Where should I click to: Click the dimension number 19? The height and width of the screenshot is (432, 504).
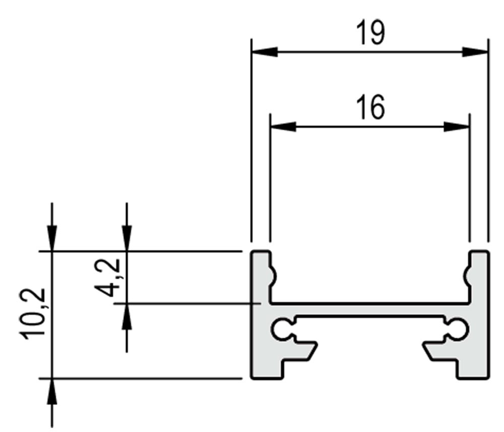pos(370,33)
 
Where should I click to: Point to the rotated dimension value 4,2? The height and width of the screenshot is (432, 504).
pos(108,277)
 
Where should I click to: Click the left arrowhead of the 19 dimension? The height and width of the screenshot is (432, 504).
pos(265,51)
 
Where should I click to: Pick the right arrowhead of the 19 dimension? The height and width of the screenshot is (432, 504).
pos(475,51)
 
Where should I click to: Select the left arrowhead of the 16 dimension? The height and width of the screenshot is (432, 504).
pos(283,127)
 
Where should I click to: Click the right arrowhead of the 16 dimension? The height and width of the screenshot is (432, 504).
pos(457,127)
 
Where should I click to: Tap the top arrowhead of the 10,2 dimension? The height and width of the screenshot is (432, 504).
pos(52,238)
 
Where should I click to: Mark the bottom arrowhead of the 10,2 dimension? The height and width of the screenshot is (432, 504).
pos(52,391)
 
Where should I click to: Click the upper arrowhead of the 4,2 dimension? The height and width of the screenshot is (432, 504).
pos(127,238)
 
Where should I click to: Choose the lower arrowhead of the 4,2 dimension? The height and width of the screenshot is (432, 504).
pos(127,316)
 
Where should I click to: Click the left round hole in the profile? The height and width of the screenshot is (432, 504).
pos(282,329)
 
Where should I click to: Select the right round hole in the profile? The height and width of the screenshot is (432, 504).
pos(458,329)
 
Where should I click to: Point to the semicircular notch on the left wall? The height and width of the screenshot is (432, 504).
pos(274,276)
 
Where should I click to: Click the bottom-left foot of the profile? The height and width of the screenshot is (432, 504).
pos(267,369)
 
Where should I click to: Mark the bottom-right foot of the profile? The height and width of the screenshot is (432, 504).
pos(473,369)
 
